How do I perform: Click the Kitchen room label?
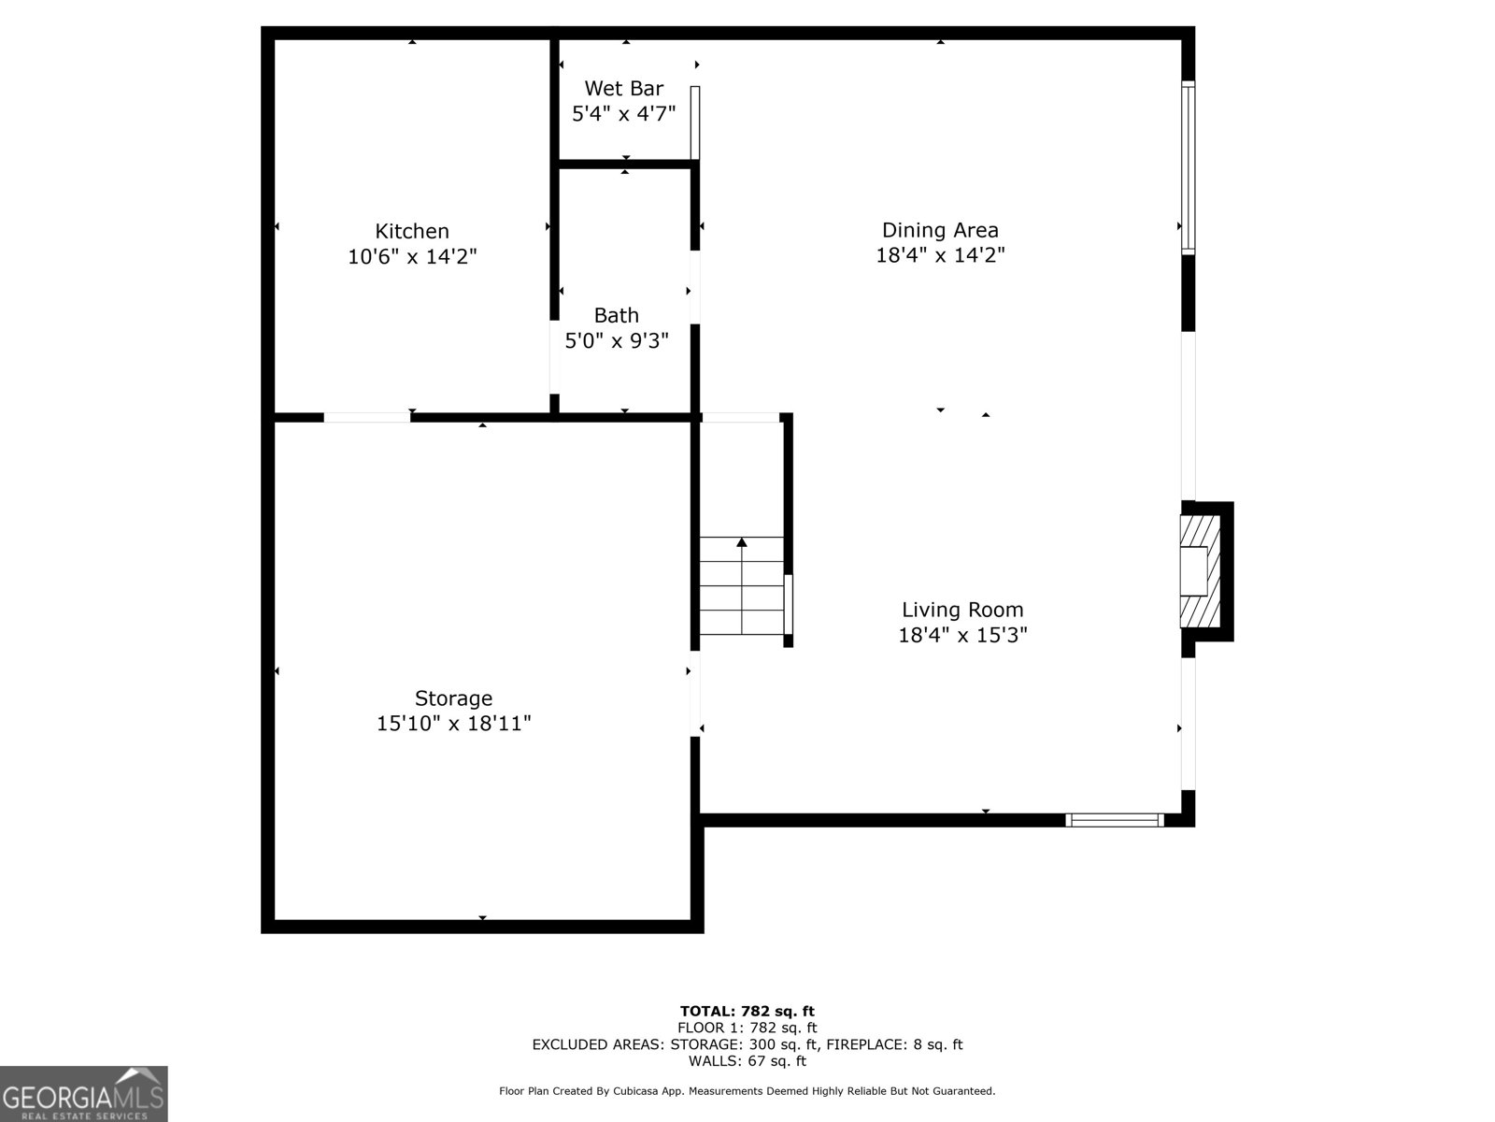point(412,231)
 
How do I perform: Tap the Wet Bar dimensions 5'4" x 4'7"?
point(623,113)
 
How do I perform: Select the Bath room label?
point(617,315)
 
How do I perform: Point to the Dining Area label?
point(940,230)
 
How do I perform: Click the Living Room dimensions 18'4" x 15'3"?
point(962,635)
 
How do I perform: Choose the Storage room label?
point(453,698)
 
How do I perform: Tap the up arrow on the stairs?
point(742,542)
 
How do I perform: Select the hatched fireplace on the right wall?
point(1200,570)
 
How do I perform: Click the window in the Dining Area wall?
point(1188,168)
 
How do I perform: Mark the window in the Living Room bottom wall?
point(1114,820)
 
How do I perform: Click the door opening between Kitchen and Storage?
point(366,418)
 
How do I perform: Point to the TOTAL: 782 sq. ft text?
point(747,1011)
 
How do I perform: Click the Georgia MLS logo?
point(83,1093)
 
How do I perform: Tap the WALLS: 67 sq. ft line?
point(747,1061)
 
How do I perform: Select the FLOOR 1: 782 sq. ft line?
point(747,1028)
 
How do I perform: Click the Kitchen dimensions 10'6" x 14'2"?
point(412,256)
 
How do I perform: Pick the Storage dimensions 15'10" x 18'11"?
point(453,724)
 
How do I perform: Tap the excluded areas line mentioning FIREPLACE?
point(747,1044)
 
